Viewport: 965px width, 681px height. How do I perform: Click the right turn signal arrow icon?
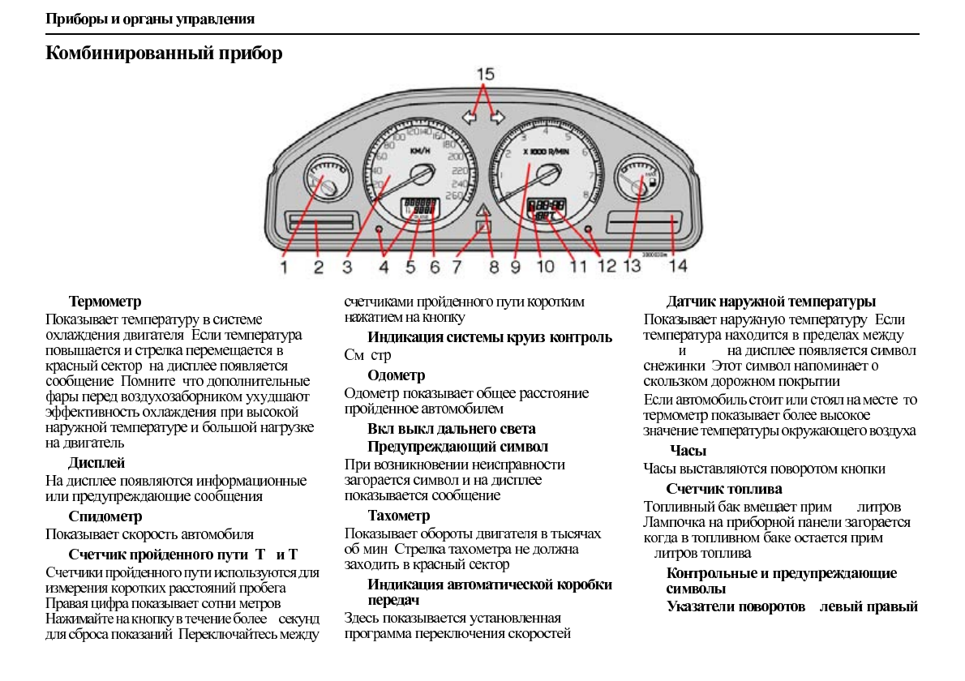tap(497, 118)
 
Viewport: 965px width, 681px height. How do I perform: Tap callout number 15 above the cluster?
tap(485, 75)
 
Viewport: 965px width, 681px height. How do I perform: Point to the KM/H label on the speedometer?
tap(421, 151)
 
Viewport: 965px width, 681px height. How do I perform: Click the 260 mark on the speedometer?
tap(454, 195)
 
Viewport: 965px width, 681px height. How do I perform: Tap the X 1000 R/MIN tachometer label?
tap(546, 152)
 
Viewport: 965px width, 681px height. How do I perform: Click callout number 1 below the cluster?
tap(285, 265)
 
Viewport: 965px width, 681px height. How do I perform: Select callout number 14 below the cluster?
tap(677, 265)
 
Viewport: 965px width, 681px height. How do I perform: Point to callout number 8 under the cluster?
tap(494, 265)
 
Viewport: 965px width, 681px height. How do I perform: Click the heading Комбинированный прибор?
tap(165, 54)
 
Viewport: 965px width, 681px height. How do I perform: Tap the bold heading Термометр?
tap(105, 302)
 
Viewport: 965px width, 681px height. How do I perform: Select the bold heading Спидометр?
tap(105, 516)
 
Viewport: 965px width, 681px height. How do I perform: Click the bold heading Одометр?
tap(396, 375)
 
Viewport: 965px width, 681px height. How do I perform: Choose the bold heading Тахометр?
tap(398, 516)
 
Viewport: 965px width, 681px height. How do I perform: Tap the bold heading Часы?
tap(688, 451)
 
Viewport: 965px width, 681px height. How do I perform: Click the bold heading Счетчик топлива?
tap(724, 489)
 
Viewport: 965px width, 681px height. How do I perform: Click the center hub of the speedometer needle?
tap(421, 175)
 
